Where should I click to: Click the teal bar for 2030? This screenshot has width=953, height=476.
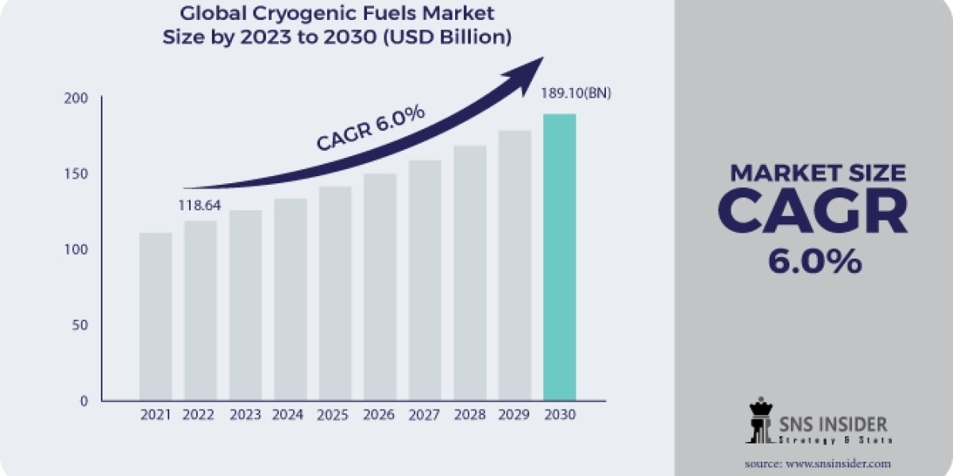click(x=559, y=257)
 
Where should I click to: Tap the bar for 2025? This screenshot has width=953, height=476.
click(x=334, y=294)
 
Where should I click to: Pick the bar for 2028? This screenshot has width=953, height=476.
click(x=469, y=273)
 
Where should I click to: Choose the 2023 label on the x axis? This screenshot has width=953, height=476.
click(x=245, y=415)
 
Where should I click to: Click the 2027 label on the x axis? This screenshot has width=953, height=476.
click(x=424, y=415)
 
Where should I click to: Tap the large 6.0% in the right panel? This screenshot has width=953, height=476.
click(x=814, y=262)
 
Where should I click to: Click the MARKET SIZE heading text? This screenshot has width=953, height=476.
click(x=817, y=172)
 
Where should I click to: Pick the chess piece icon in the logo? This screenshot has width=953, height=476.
click(x=759, y=420)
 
